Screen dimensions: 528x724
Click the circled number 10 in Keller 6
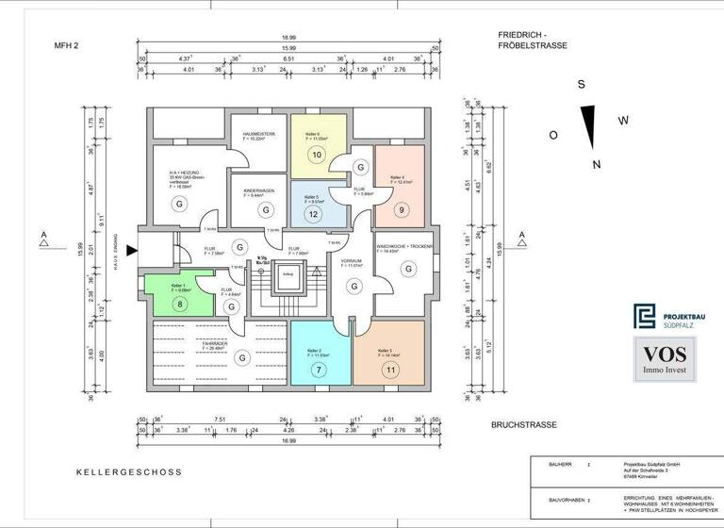(318, 155)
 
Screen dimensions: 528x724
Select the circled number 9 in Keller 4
(402, 209)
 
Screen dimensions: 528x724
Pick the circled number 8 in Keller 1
(181, 304)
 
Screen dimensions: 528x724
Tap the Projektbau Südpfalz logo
(666, 318)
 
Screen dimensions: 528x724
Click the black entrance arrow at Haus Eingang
(132, 250)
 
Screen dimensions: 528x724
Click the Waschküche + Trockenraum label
(404, 246)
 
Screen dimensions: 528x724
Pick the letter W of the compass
(622, 120)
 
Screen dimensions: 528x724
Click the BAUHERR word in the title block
(550, 465)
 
